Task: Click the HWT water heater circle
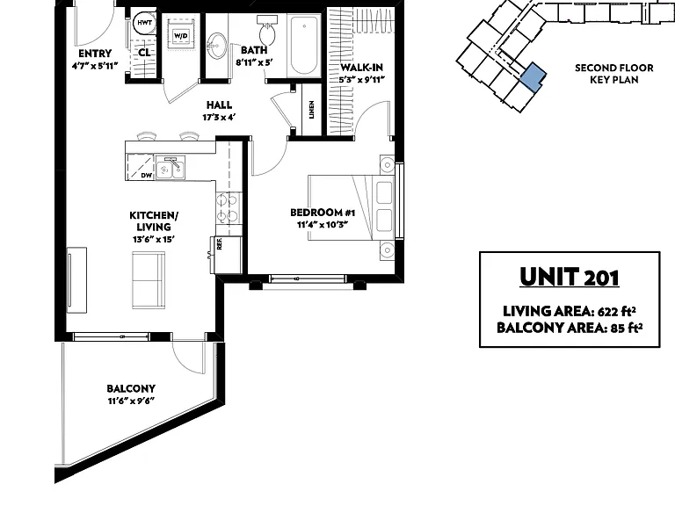pyautogui.click(x=145, y=22)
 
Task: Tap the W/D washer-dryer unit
pyautogui.click(x=180, y=35)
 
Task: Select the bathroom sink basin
pyautogui.click(x=216, y=46)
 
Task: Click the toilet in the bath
pyautogui.click(x=267, y=29)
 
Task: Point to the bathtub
pyautogui.click(x=304, y=45)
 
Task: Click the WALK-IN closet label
pyautogui.click(x=361, y=68)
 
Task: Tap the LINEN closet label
pyautogui.click(x=311, y=110)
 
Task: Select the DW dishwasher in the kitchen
pyautogui.click(x=141, y=167)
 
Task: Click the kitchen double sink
pyautogui.click(x=171, y=168)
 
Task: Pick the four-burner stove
pyautogui.click(x=229, y=208)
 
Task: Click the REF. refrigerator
pyautogui.click(x=227, y=255)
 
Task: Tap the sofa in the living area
pyautogui.click(x=149, y=280)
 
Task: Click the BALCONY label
pyautogui.click(x=131, y=388)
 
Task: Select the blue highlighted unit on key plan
pyautogui.click(x=533, y=76)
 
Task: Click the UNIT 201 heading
pyautogui.click(x=570, y=277)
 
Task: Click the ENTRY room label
pyautogui.click(x=95, y=54)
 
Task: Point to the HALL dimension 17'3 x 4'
pyautogui.click(x=219, y=117)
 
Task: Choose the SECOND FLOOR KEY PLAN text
pyautogui.click(x=613, y=74)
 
